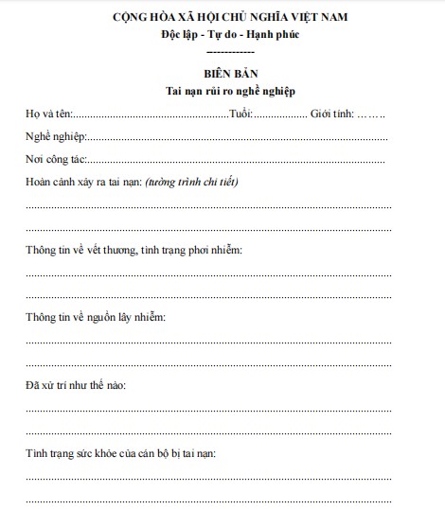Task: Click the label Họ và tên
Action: coord(47,114)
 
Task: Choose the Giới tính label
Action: coord(331,114)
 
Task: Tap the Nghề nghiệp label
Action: coord(56,137)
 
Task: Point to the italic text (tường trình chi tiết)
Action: coord(192,182)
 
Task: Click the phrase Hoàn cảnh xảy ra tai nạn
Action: coord(83,182)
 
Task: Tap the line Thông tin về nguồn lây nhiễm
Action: coord(96,317)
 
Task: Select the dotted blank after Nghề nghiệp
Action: coord(237,138)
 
